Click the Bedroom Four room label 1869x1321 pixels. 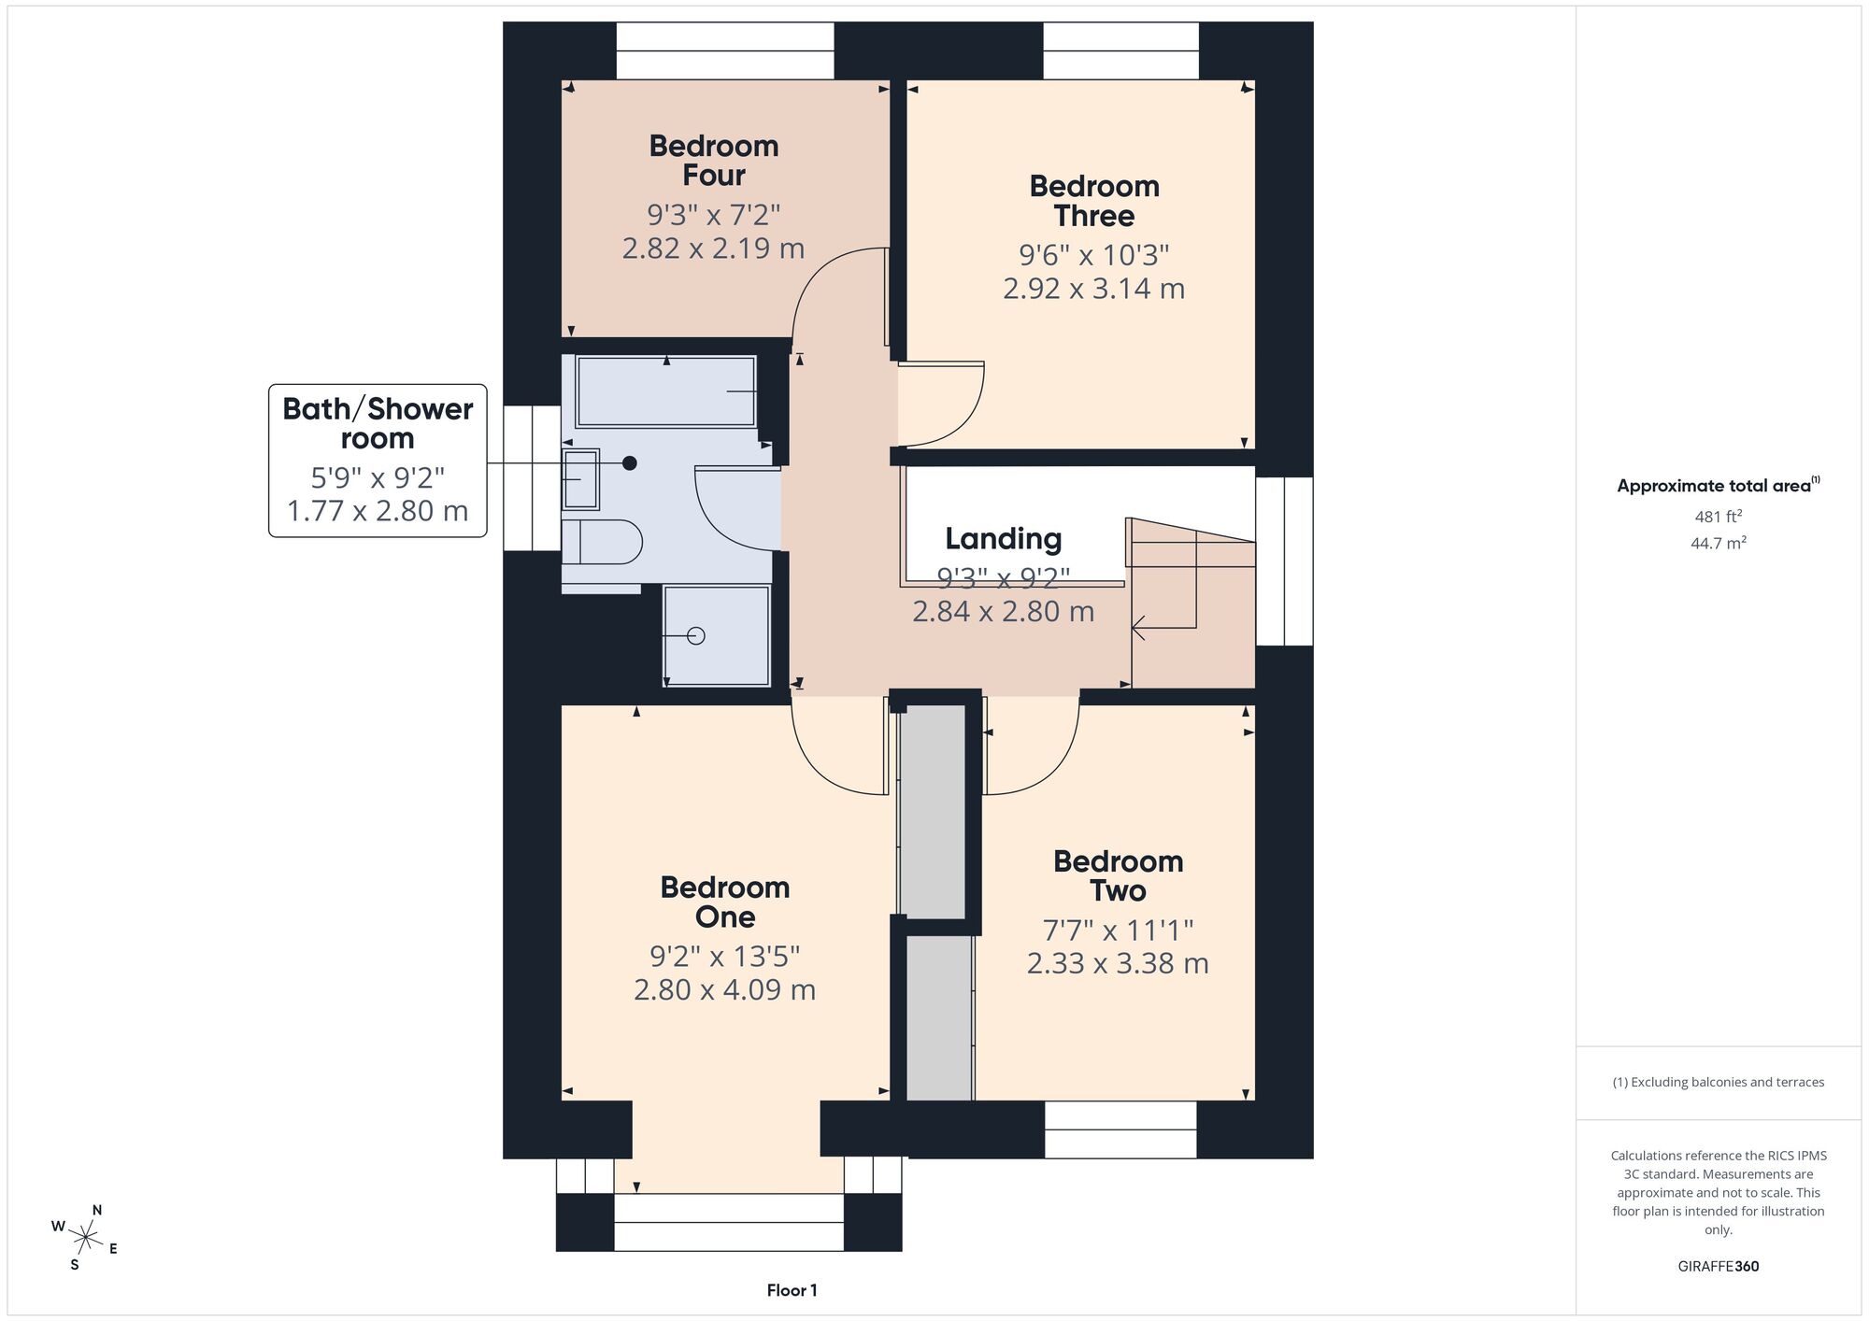click(x=714, y=161)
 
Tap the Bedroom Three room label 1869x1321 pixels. click(x=1094, y=201)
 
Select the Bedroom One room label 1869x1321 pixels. click(x=725, y=902)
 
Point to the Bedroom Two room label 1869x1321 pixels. click(x=1119, y=875)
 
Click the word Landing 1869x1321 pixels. click(x=1004, y=539)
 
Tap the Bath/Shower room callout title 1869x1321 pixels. click(x=378, y=423)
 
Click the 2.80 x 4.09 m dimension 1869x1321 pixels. click(x=725, y=989)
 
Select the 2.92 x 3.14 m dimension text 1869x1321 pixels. click(x=1094, y=289)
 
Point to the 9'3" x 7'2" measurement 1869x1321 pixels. click(x=714, y=215)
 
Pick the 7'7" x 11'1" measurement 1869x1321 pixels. click(x=1119, y=930)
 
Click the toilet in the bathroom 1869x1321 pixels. click(x=602, y=542)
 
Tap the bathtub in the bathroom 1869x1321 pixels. click(x=666, y=391)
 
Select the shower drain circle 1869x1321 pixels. click(x=696, y=636)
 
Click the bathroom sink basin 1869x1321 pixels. click(x=580, y=478)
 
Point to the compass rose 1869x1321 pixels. click(x=85, y=1239)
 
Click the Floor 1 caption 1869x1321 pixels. click(x=792, y=1290)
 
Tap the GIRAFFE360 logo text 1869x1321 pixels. click(x=1719, y=1267)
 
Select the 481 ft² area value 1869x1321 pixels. click(x=1719, y=516)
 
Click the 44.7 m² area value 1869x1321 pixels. click(x=1719, y=543)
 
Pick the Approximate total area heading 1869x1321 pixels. click(x=1719, y=485)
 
